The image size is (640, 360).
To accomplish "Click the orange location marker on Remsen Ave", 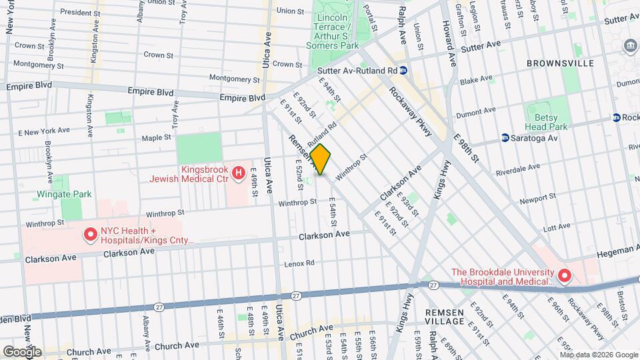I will pos(320,159).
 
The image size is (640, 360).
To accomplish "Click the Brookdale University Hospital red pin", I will pos(564,275).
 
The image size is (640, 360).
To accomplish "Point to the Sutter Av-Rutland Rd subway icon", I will pos(405,70).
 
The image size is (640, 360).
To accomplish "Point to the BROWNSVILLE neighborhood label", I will pos(559,63).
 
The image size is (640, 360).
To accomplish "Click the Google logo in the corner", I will pos(21,352).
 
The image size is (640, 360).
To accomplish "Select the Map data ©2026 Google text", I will pos(599,355).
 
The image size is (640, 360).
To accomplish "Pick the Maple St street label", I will pos(157,139).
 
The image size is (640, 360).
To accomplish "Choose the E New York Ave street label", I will pos(45,131).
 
